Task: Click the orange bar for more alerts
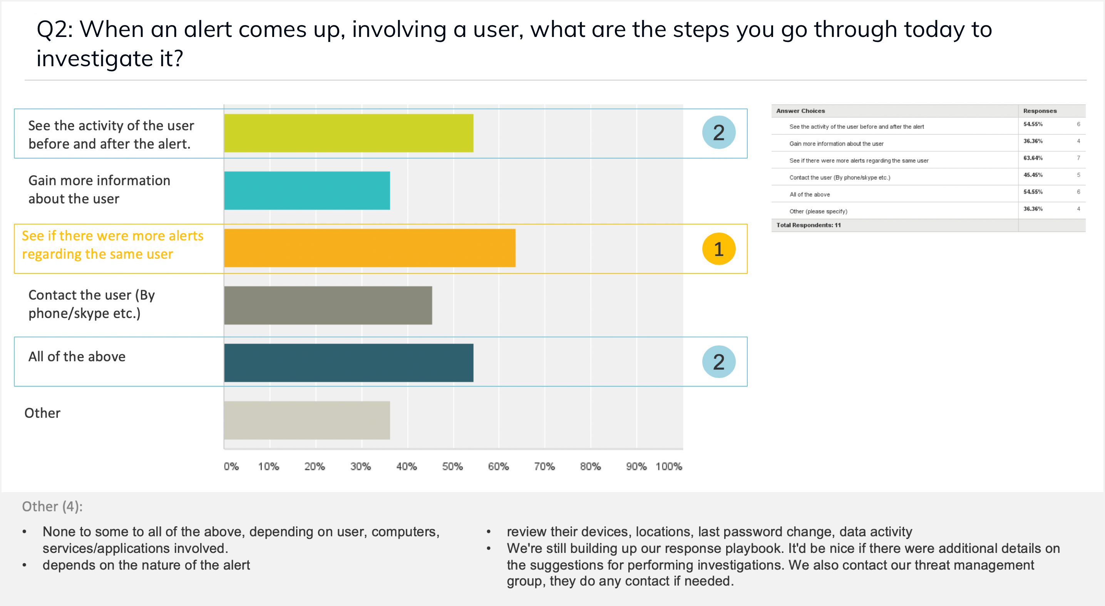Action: tap(369, 248)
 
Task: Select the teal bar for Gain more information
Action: tap(307, 191)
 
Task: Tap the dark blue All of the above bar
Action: tap(348, 362)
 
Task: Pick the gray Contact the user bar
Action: tap(328, 305)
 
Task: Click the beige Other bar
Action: tap(307, 420)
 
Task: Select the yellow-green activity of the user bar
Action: tap(348, 133)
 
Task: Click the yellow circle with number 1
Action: tap(718, 249)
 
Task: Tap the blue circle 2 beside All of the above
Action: tap(718, 362)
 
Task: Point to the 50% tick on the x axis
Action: tap(452, 466)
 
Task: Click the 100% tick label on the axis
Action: tap(668, 466)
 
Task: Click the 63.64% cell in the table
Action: tap(1033, 158)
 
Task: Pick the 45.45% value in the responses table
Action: tap(1033, 175)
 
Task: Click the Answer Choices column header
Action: tap(800, 110)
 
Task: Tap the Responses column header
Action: tap(1040, 110)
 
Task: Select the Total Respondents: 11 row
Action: tap(808, 225)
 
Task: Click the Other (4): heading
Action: tap(52, 507)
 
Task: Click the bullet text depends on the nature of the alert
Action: tap(146, 565)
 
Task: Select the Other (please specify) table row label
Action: tap(818, 211)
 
